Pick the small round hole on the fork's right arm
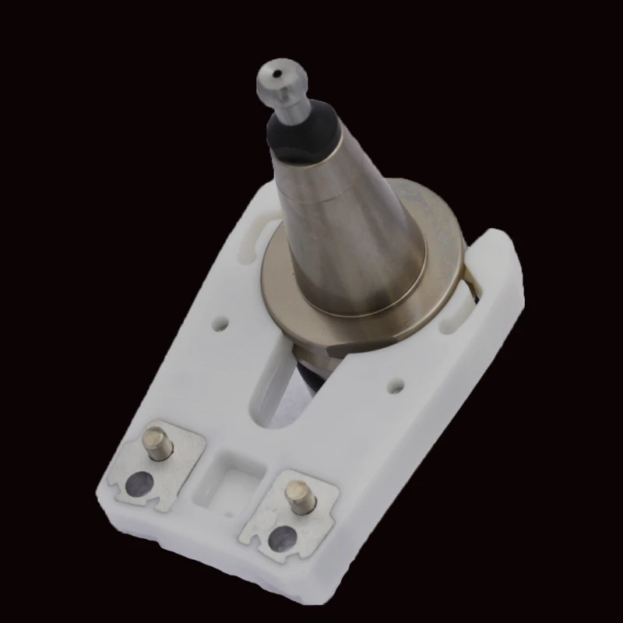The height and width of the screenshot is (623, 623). pyautogui.click(x=395, y=384)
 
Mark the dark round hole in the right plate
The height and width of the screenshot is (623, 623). pyautogui.click(x=282, y=537)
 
